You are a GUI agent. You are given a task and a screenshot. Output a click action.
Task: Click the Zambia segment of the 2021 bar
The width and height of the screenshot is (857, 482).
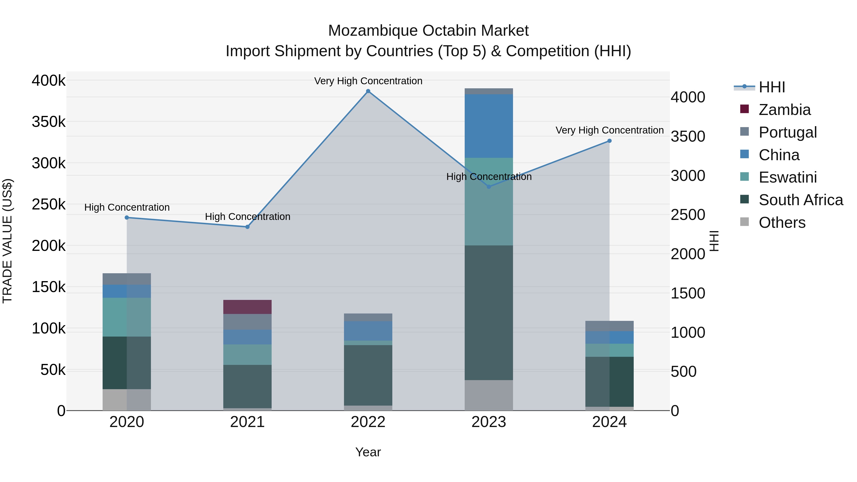[247, 307]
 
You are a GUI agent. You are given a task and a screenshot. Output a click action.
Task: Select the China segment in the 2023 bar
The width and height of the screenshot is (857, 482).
[488, 126]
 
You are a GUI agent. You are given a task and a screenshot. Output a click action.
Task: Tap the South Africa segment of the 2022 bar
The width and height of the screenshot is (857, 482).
[368, 375]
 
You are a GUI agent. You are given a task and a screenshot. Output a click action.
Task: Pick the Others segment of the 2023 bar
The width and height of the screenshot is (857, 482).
[488, 395]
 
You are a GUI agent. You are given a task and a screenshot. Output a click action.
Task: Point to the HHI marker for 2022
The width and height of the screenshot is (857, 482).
[368, 91]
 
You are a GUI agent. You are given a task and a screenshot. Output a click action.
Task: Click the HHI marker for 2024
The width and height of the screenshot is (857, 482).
[609, 141]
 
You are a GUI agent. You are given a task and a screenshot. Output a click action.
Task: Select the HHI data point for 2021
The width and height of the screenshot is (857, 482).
[247, 227]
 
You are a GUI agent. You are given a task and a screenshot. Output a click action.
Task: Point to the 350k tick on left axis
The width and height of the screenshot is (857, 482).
[49, 122]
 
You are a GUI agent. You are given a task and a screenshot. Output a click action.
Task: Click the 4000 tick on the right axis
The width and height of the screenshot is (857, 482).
[687, 97]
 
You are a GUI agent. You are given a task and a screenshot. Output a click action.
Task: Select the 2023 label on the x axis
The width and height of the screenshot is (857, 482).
[488, 422]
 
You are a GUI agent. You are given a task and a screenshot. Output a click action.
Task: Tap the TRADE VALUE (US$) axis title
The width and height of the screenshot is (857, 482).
[7, 241]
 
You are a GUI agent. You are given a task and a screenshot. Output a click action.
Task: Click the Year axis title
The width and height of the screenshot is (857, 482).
[368, 452]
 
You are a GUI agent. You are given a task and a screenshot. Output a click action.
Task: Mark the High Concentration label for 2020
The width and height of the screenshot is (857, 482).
[127, 207]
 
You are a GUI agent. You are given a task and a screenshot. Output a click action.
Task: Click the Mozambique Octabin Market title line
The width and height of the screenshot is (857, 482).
[428, 31]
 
